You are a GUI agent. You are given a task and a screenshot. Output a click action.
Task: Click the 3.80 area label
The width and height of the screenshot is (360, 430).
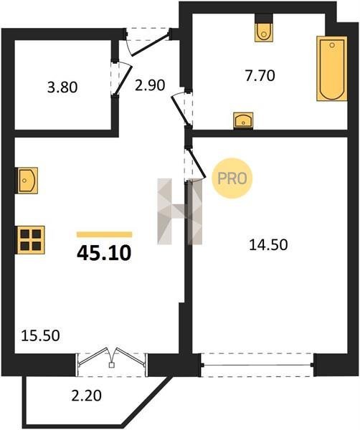(62, 88)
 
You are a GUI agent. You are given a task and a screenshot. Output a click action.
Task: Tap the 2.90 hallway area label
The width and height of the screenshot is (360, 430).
(150, 85)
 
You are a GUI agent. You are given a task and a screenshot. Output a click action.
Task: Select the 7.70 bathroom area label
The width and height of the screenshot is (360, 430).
(260, 76)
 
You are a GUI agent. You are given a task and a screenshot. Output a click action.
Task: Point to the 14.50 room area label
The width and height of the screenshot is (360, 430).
(268, 245)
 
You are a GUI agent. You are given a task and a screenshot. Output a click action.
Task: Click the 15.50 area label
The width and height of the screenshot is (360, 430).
(40, 335)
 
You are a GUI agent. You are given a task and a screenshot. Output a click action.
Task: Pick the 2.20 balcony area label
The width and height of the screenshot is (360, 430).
(87, 396)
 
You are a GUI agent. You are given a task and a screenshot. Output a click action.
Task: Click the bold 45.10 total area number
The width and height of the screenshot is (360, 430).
(104, 253)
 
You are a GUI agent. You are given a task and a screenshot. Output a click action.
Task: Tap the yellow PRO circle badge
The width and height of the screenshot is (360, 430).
(232, 178)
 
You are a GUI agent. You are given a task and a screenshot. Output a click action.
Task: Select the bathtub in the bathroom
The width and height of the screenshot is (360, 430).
(332, 68)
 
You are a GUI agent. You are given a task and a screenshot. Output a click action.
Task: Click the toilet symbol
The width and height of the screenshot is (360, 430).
(264, 32)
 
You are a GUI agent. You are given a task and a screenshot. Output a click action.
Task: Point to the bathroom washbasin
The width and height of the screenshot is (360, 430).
(243, 120)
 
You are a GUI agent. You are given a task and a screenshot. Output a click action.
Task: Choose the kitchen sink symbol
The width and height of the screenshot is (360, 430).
(27, 180)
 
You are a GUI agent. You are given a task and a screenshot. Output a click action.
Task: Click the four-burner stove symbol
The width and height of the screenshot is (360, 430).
(30, 240)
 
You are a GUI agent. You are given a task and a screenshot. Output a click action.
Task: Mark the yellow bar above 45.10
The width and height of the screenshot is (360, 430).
(104, 234)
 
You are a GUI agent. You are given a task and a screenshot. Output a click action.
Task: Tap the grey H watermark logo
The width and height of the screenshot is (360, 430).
(180, 211)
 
